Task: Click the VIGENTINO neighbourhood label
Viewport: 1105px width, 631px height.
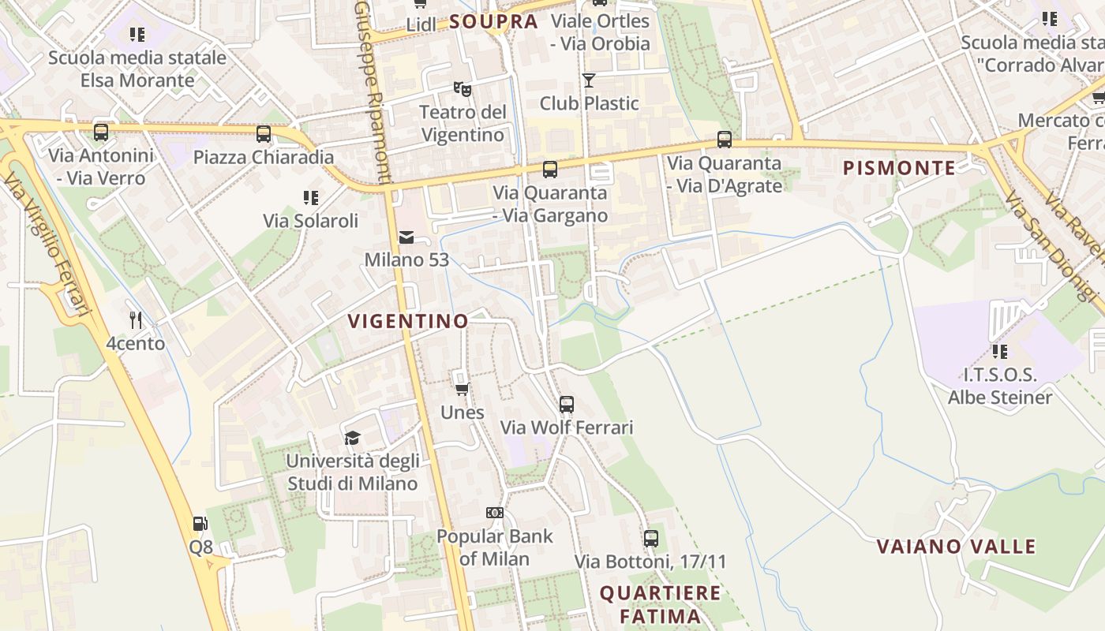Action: pos(408,321)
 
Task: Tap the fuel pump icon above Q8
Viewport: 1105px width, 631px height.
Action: pos(200,523)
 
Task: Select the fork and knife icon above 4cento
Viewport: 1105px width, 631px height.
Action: pos(136,319)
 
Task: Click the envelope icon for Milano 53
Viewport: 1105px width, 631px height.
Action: pos(406,237)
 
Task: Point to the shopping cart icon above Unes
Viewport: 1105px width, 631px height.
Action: pos(463,389)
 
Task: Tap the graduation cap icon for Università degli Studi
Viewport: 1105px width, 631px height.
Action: pos(352,438)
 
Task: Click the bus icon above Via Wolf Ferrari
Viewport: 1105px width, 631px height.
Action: pos(567,405)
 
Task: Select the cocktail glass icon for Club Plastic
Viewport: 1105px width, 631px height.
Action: pos(589,80)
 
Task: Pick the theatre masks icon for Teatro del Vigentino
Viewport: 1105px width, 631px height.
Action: pos(463,89)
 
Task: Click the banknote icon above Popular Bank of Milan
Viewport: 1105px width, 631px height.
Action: pos(495,513)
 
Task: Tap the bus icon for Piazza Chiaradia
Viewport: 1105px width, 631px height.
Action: pos(264,133)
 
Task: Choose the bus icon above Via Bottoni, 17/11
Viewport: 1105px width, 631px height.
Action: pos(651,539)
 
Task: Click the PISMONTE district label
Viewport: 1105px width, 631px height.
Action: pos(899,168)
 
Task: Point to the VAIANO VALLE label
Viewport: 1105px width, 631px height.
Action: pos(956,546)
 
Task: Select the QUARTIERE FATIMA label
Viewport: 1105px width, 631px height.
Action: pos(661,604)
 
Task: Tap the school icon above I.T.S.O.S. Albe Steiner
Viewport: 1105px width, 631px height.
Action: pos(1000,351)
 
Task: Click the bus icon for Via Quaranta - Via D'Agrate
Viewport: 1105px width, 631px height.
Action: pos(725,140)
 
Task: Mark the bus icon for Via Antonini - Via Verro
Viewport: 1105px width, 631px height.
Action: pos(101,132)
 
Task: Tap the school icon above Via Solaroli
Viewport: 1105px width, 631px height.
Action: pos(311,197)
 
